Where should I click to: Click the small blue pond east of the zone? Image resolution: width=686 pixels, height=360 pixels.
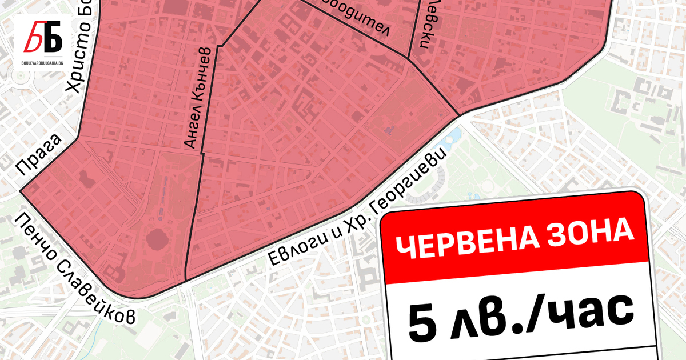point(456,135)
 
